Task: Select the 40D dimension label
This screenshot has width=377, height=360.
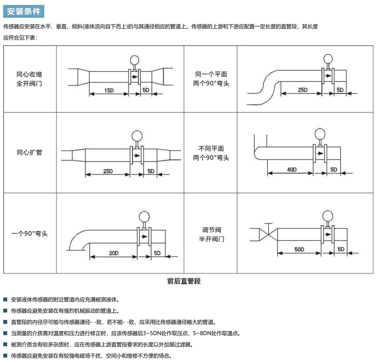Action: (x=292, y=169)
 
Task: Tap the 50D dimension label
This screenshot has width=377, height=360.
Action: (x=299, y=249)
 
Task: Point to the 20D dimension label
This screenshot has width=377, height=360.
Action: (x=114, y=252)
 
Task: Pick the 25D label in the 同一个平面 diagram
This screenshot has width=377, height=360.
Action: (x=302, y=90)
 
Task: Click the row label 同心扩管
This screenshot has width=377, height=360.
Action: (x=29, y=153)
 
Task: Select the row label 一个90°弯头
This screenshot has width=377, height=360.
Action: (x=29, y=234)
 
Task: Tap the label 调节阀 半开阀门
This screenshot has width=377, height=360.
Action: (x=211, y=234)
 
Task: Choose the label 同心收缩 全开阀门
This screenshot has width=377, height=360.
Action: (x=29, y=79)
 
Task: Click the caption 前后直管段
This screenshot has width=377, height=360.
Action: (x=184, y=281)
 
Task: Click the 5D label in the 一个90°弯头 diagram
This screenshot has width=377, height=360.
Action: (x=157, y=252)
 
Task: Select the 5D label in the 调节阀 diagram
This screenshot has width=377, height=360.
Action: (x=341, y=249)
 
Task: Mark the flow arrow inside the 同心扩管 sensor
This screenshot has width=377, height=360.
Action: (x=137, y=155)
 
